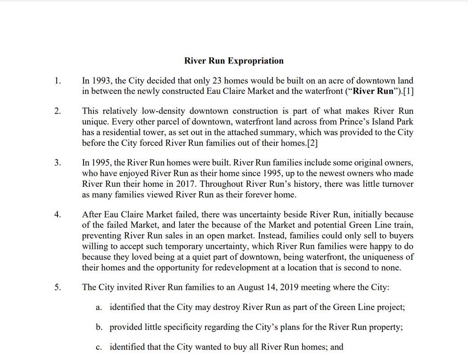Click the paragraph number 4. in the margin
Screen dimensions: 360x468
58,215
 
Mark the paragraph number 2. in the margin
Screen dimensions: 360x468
58,112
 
